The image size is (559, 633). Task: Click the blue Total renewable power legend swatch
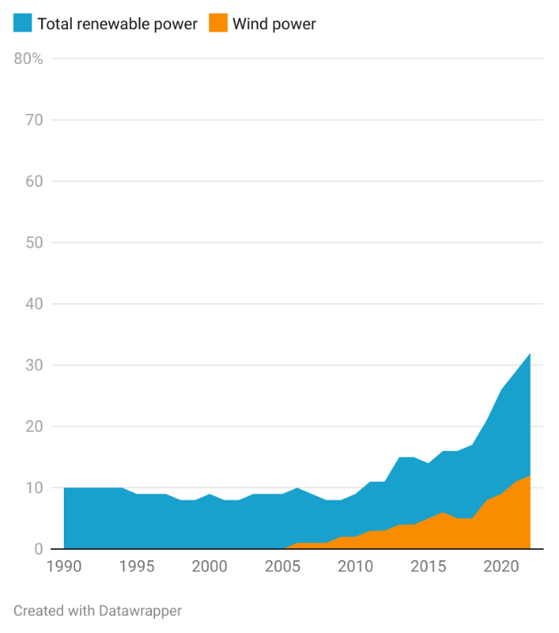[x=23, y=23]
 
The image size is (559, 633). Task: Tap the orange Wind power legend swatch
[x=218, y=23]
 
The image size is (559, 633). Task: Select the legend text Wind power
[x=274, y=24]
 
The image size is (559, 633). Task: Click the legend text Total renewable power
[x=117, y=24]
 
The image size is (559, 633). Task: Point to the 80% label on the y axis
[x=28, y=58]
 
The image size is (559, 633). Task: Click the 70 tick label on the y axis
[x=33, y=120]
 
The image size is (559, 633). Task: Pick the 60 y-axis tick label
[x=33, y=181]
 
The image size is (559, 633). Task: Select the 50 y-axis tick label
[x=33, y=243]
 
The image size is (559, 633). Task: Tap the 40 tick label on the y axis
[x=33, y=304]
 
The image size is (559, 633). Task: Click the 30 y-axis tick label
[x=33, y=365]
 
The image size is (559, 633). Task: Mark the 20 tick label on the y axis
[x=33, y=426]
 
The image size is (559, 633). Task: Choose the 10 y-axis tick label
[x=33, y=487]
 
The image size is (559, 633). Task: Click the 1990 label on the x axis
[x=65, y=566]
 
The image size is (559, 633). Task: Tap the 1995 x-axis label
[x=137, y=566]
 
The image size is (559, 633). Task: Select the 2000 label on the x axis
[x=210, y=566]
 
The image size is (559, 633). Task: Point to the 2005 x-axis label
[x=283, y=566]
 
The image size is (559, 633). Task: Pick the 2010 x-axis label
[x=355, y=566]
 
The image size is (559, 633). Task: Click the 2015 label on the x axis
[x=428, y=566]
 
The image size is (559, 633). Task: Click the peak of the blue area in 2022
[x=530, y=353]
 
